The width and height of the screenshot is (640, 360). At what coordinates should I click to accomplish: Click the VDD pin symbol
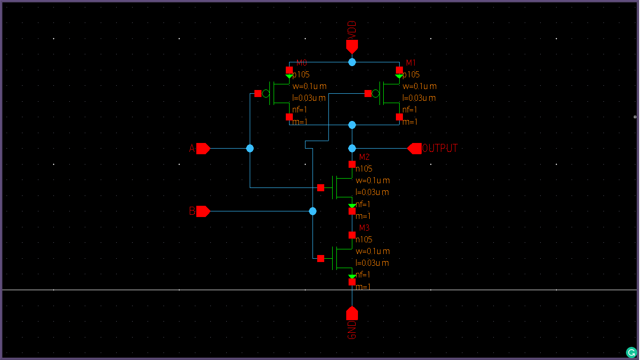coord(352,46)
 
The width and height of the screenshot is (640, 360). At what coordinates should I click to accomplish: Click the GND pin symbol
coord(352,313)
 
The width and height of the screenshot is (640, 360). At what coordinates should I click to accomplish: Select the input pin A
coord(203,149)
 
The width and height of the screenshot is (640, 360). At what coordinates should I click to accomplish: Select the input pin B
coord(203,211)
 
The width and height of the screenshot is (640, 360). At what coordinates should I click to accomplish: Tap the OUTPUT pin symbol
coord(414,149)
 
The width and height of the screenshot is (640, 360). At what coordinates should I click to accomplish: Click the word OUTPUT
coord(439,149)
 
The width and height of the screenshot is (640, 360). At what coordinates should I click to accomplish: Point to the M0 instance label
coord(301,63)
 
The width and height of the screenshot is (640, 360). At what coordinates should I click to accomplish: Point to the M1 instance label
coord(411,63)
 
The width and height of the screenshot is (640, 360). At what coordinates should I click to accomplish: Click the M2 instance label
coord(364,157)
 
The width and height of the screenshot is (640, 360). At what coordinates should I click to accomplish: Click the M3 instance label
coord(364,228)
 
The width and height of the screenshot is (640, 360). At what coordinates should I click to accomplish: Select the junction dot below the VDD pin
coord(352,62)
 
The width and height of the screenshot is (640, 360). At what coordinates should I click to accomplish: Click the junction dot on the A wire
coord(250,149)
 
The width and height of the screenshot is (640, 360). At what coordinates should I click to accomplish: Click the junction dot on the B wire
coord(313,211)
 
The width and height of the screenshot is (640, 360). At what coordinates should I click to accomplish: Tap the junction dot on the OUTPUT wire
coord(352,149)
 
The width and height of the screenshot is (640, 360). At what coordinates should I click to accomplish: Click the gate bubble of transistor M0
coord(266,94)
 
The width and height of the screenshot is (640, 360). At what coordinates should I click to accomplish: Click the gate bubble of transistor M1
coord(375,94)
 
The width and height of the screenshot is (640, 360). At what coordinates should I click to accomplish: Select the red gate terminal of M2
coord(320,188)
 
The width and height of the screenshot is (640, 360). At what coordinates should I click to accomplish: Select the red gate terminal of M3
coord(320,258)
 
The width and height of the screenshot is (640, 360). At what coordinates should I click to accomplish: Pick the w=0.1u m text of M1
coord(419,86)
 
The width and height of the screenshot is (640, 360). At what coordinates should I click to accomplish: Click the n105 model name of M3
coord(364,240)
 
